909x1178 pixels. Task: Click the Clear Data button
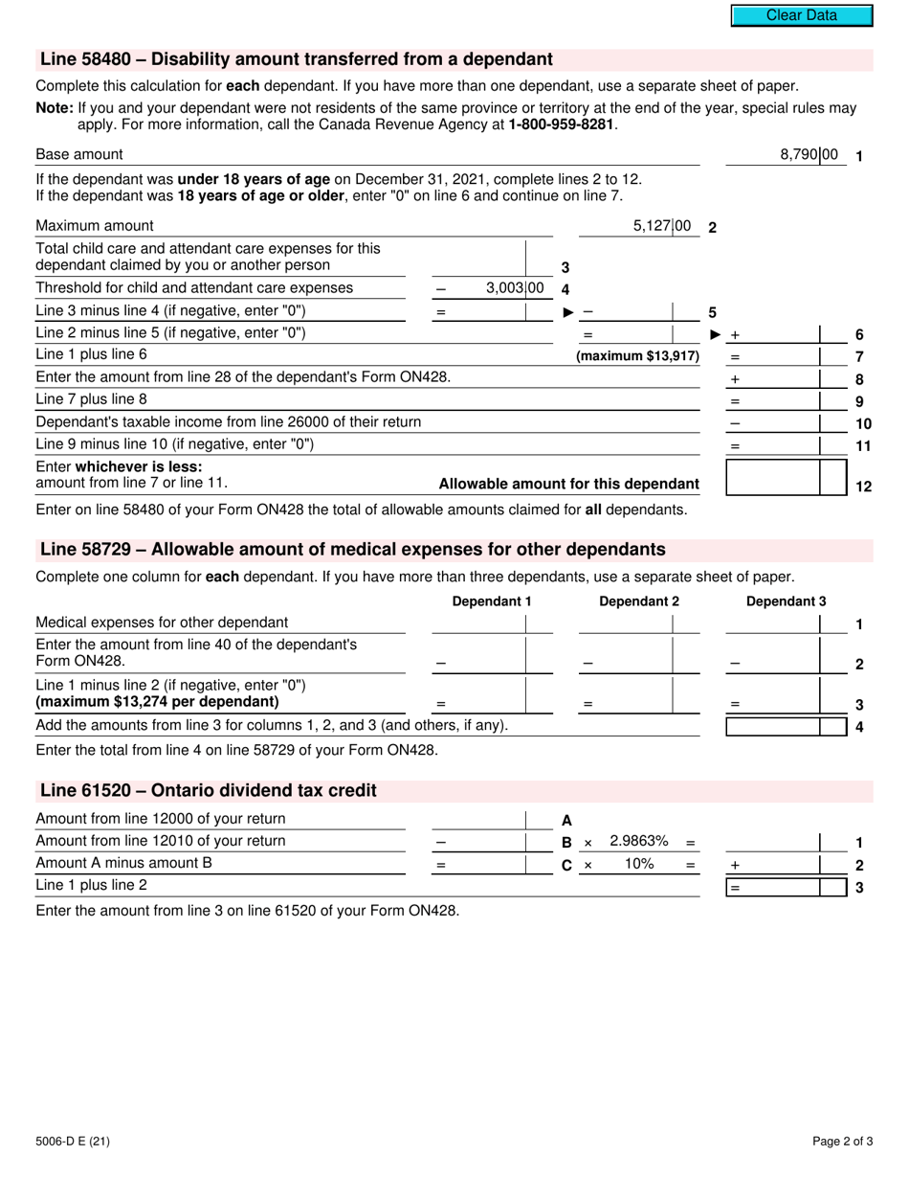[802, 15]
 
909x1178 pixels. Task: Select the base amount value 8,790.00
[809, 154]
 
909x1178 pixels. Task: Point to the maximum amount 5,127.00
[662, 226]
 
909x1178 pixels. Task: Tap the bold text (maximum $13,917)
[637, 356]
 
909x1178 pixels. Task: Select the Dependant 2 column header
[639, 601]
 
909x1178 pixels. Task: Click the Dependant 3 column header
[786, 601]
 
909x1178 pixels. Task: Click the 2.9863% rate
[638, 841]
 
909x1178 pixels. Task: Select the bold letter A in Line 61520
[566, 820]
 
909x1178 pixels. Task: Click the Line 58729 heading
[352, 550]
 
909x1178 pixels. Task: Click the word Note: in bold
[55, 108]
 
